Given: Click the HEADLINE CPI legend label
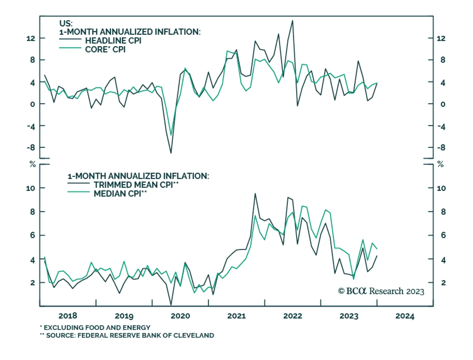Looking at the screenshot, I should coord(113,40).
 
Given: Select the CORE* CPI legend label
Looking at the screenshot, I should coord(105,49).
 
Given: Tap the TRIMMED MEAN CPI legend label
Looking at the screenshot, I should coord(136,185).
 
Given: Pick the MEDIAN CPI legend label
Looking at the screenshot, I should coord(120,194).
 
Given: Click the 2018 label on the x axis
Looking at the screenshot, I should coord(68,316).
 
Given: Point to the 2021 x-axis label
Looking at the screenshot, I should coord(236,316).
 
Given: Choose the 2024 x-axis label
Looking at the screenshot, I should coord(405,316).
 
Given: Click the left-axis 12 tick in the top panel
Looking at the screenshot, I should coord(30,38).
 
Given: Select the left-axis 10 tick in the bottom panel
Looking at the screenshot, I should coord(30,188).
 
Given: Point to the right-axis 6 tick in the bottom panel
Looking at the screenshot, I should coord(443,235).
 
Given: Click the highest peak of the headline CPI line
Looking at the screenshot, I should coord(293,20).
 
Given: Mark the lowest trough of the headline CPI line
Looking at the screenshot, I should coord(171,153).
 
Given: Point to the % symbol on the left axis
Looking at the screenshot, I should coord(33,164).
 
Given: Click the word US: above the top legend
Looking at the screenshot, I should coord(66,23).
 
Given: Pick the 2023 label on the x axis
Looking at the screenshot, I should coord(349,316).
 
